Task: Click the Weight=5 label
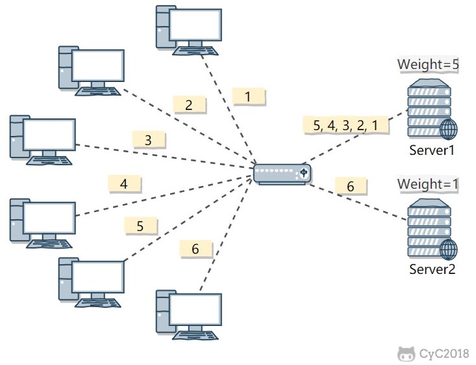(x=429, y=64)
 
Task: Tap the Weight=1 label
(x=429, y=184)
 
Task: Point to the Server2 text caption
(x=432, y=269)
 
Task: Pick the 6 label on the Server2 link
(x=351, y=187)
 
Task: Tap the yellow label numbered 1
(x=248, y=97)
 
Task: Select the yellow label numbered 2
(x=189, y=104)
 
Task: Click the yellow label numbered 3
(x=148, y=139)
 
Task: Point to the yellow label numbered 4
(x=123, y=184)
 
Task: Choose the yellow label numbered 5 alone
(x=140, y=226)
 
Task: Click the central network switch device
(x=282, y=173)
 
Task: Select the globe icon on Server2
(x=448, y=249)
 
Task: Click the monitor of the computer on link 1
(x=195, y=25)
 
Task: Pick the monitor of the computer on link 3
(x=49, y=134)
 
